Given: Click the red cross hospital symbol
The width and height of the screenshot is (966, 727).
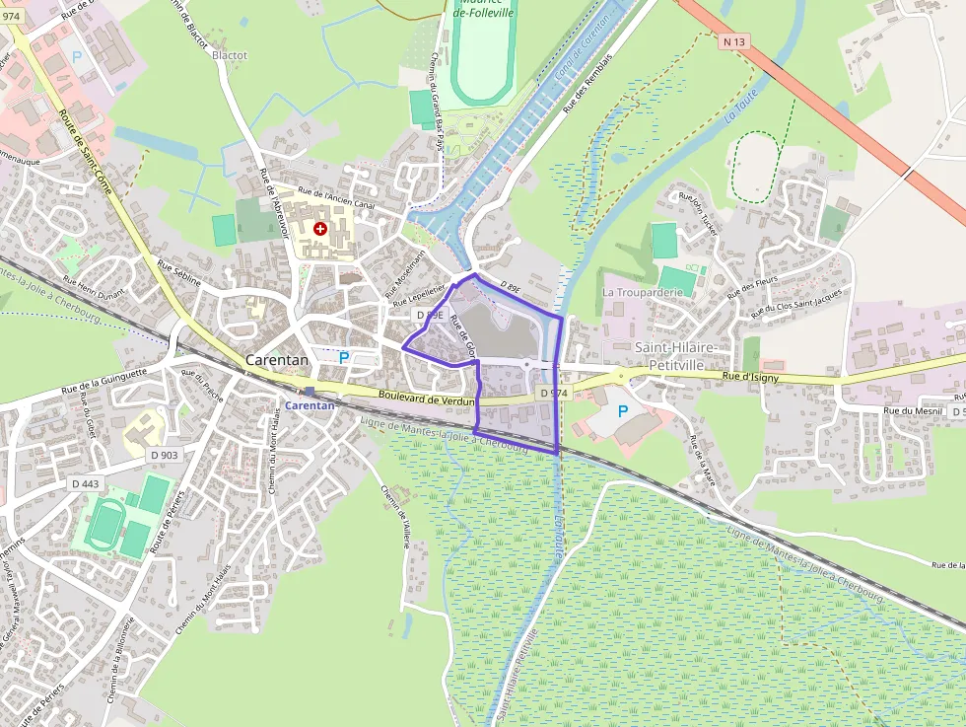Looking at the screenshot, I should click(x=319, y=229).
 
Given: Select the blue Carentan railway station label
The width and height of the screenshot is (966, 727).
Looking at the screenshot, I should click(x=310, y=404).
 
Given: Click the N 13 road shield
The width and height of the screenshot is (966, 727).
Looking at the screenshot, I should click(x=732, y=41).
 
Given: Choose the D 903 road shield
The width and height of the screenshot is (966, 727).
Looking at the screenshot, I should click(x=165, y=455).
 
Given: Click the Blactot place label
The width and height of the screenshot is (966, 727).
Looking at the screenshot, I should click(x=230, y=55).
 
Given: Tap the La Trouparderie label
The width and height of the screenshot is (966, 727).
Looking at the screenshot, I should click(x=643, y=292).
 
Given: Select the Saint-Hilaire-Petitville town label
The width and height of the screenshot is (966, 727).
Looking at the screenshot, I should click(x=675, y=356).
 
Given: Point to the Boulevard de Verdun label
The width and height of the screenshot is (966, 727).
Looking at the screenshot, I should click(x=427, y=398).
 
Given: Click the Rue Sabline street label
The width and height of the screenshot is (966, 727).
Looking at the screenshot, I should click(x=179, y=274).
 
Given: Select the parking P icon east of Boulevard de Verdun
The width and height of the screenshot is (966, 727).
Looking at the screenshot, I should click(x=622, y=410).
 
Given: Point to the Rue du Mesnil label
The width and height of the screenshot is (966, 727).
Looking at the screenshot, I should click(x=913, y=410).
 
